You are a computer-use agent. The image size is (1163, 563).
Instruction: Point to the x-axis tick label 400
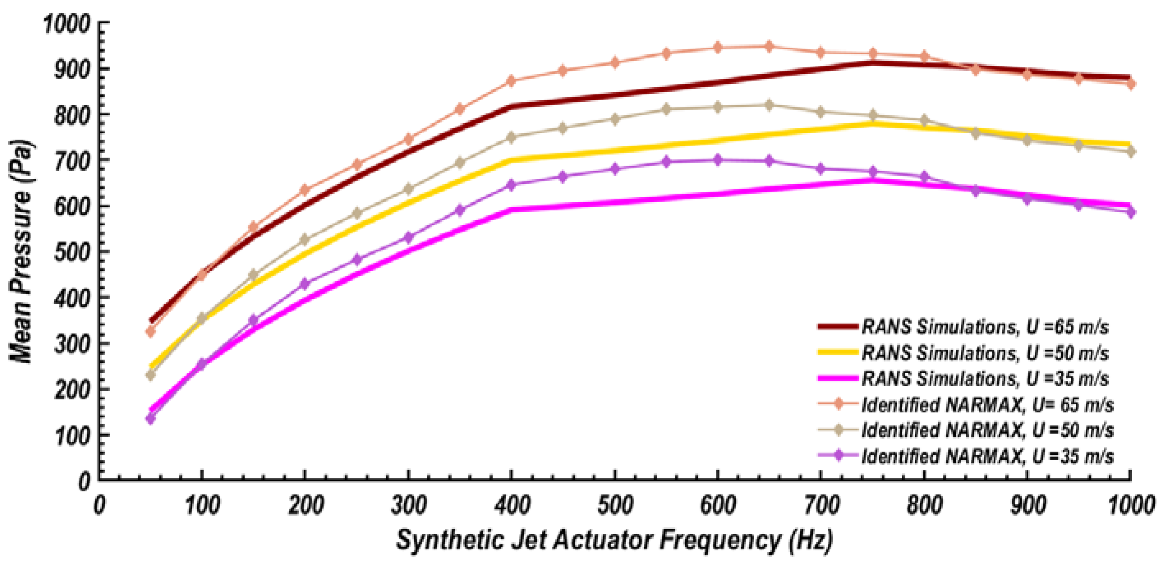pyautogui.click(x=511, y=505)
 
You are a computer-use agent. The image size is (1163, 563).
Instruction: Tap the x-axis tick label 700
pyautogui.click(x=821, y=505)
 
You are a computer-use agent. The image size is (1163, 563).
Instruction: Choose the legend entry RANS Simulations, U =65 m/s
pyautogui.click(x=984, y=326)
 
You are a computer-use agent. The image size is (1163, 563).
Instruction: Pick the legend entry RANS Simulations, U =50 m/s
pyautogui.click(x=984, y=353)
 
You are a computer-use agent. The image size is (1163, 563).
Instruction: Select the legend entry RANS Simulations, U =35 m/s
pyautogui.click(x=984, y=378)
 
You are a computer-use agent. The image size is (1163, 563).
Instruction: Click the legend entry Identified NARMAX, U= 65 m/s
pyautogui.click(x=987, y=404)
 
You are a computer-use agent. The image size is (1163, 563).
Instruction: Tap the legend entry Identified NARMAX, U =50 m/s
pyautogui.click(x=987, y=430)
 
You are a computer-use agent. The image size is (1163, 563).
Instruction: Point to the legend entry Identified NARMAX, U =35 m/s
pyautogui.click(x=987, y=456)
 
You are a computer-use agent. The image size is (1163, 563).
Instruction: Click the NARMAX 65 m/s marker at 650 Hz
pyautogui.click(x=769, y=46)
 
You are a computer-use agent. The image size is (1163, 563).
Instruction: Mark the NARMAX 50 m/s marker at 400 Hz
pyautogui.click(x=511, y=137)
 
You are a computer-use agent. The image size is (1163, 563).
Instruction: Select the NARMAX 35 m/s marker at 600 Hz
pyautogui.click(x=718, y=160)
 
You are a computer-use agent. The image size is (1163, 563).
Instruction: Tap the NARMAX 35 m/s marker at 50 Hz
pyautogui.click(x=150, y=419)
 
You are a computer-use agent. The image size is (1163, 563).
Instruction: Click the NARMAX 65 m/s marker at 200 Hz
pyautogui.click(x=305, y=189)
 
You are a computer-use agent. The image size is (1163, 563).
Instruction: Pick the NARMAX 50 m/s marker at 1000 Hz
pyautogui.click(x=1131, y=152)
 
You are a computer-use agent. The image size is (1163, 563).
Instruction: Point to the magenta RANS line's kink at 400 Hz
pyautogui.click(x=511, y=210)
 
